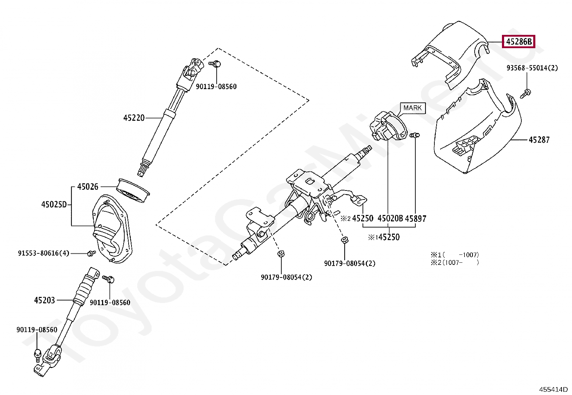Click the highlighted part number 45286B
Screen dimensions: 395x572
(518, 42)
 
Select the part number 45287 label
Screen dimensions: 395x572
(539, 140)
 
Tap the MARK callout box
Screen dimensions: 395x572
(412, 108)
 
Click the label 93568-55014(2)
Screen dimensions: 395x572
(532, 68)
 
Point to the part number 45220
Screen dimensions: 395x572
(134, 118)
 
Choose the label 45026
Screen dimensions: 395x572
(88, 187)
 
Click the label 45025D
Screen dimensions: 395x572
(54, 205)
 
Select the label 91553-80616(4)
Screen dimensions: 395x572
(43, 253)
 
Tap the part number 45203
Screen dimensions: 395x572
(45, 300)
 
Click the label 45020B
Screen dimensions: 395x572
(390, 219)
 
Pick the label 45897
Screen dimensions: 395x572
(415, 219)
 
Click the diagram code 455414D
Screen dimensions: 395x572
(553, 389)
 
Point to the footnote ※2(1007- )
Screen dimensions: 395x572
(455, 263)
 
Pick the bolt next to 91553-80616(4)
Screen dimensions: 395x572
(91, 253)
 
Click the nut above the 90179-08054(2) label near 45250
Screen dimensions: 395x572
(344, 240)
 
